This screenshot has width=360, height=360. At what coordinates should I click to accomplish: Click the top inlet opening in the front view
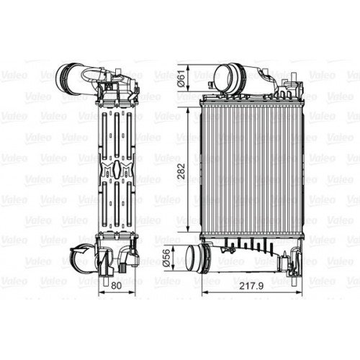[226, 75]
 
